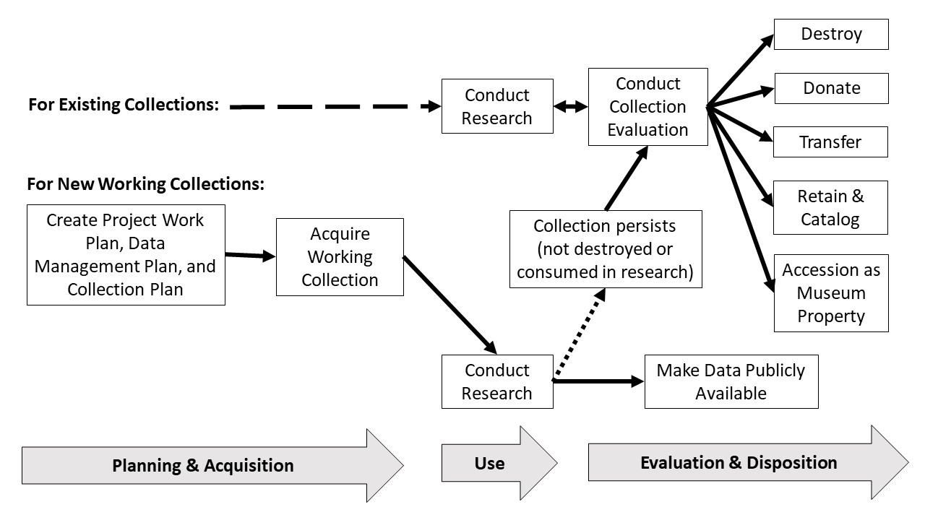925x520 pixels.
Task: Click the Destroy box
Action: [x=831, y=34]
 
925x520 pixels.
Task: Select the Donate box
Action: [x=831, y=88]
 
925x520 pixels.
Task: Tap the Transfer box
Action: [x=830, y=142]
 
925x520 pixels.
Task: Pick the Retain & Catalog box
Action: [x=830, y=207]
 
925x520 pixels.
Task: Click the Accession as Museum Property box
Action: [x=831, y=292]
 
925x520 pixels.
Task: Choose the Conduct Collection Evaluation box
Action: [x=647, y=107]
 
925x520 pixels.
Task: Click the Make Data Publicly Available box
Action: [x=731, y=381]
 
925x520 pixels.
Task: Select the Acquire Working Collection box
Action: [x=340, y=256]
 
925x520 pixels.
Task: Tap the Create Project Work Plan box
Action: [x=126, y=254]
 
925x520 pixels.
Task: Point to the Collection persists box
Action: [x=606, y=249]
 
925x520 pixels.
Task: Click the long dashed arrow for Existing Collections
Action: [x=332, y=106]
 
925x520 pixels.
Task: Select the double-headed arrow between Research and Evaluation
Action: [x=570, y=107]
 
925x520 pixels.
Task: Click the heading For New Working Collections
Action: [x=145, y=184]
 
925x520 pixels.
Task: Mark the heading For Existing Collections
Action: [x=124, y=105]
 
